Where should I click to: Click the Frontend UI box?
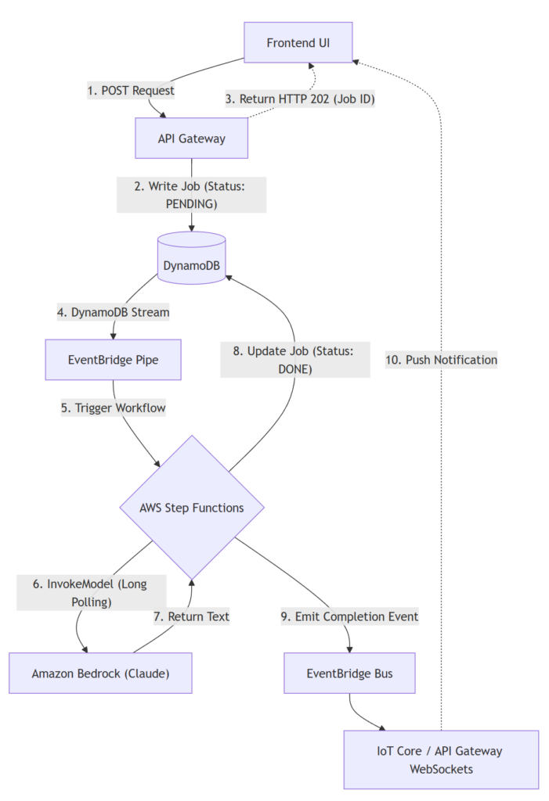(298, 42)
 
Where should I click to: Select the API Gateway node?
(191, 138)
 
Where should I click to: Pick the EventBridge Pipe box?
(113, 360)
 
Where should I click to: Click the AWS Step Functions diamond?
(192, 508)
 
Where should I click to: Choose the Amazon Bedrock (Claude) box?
(100, 673)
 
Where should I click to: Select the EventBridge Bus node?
(349, 673)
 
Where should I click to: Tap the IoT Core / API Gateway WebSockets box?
(441, 760)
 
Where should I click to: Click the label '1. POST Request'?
(131, 91)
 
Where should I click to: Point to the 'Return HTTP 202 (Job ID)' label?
(298, 99)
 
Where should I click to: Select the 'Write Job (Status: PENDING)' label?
(192, 195)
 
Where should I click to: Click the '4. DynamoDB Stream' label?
(114, 312)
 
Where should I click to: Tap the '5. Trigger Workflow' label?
(114, 408)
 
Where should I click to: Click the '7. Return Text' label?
(191, 616)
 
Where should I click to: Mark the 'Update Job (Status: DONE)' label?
(294, 360)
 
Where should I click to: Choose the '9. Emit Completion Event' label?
(349, 616)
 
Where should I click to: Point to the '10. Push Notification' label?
(441, 360)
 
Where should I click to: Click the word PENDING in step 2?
(191, 203)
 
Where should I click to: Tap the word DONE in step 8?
(294, 368)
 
